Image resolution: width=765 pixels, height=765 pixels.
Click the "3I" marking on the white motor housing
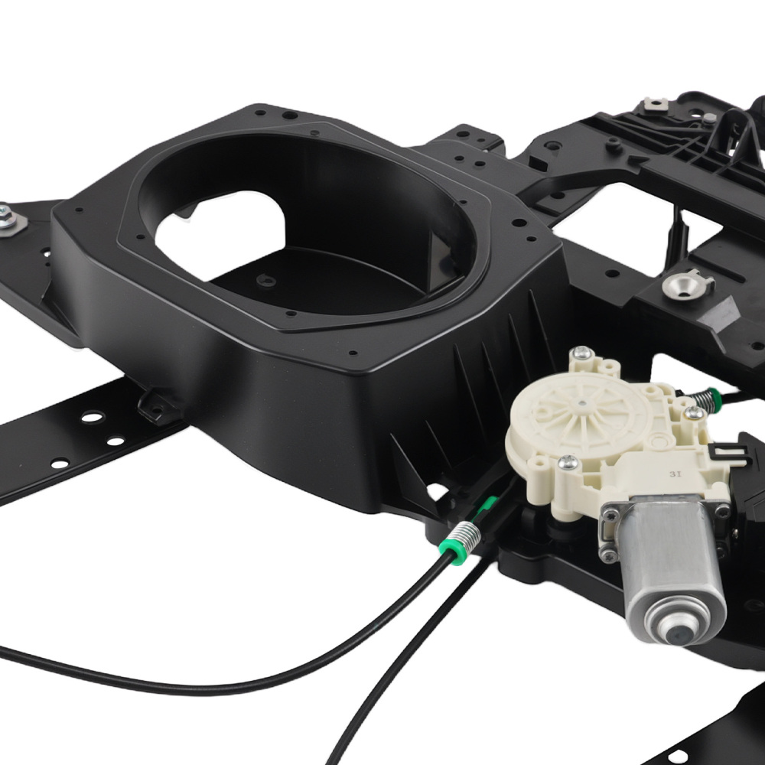(x=675, y=474)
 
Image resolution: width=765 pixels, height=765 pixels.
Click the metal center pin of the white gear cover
(x=582, y=404)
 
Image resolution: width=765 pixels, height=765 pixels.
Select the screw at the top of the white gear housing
(x=581, y=352)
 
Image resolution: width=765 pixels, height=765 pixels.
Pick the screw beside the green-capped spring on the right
(x=693, y=413)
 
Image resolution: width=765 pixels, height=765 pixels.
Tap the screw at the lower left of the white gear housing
(x=568, y=462)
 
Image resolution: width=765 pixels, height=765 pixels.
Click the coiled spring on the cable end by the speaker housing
(x=464, y=538)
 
